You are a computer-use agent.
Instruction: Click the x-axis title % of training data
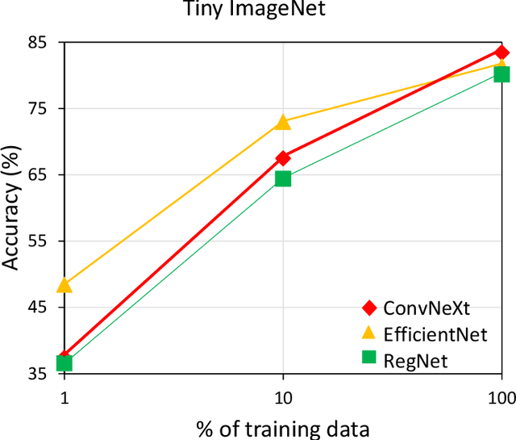[x=282, y=426]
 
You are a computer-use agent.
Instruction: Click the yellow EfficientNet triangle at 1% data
[x=64, y=284]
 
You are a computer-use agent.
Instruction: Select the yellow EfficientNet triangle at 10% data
[x=283, y=122]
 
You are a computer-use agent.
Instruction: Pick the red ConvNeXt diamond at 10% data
[x=283, y=157]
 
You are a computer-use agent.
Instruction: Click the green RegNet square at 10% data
[x=283, y=178]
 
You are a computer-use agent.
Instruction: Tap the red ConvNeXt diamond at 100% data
[x=501, y=52]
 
